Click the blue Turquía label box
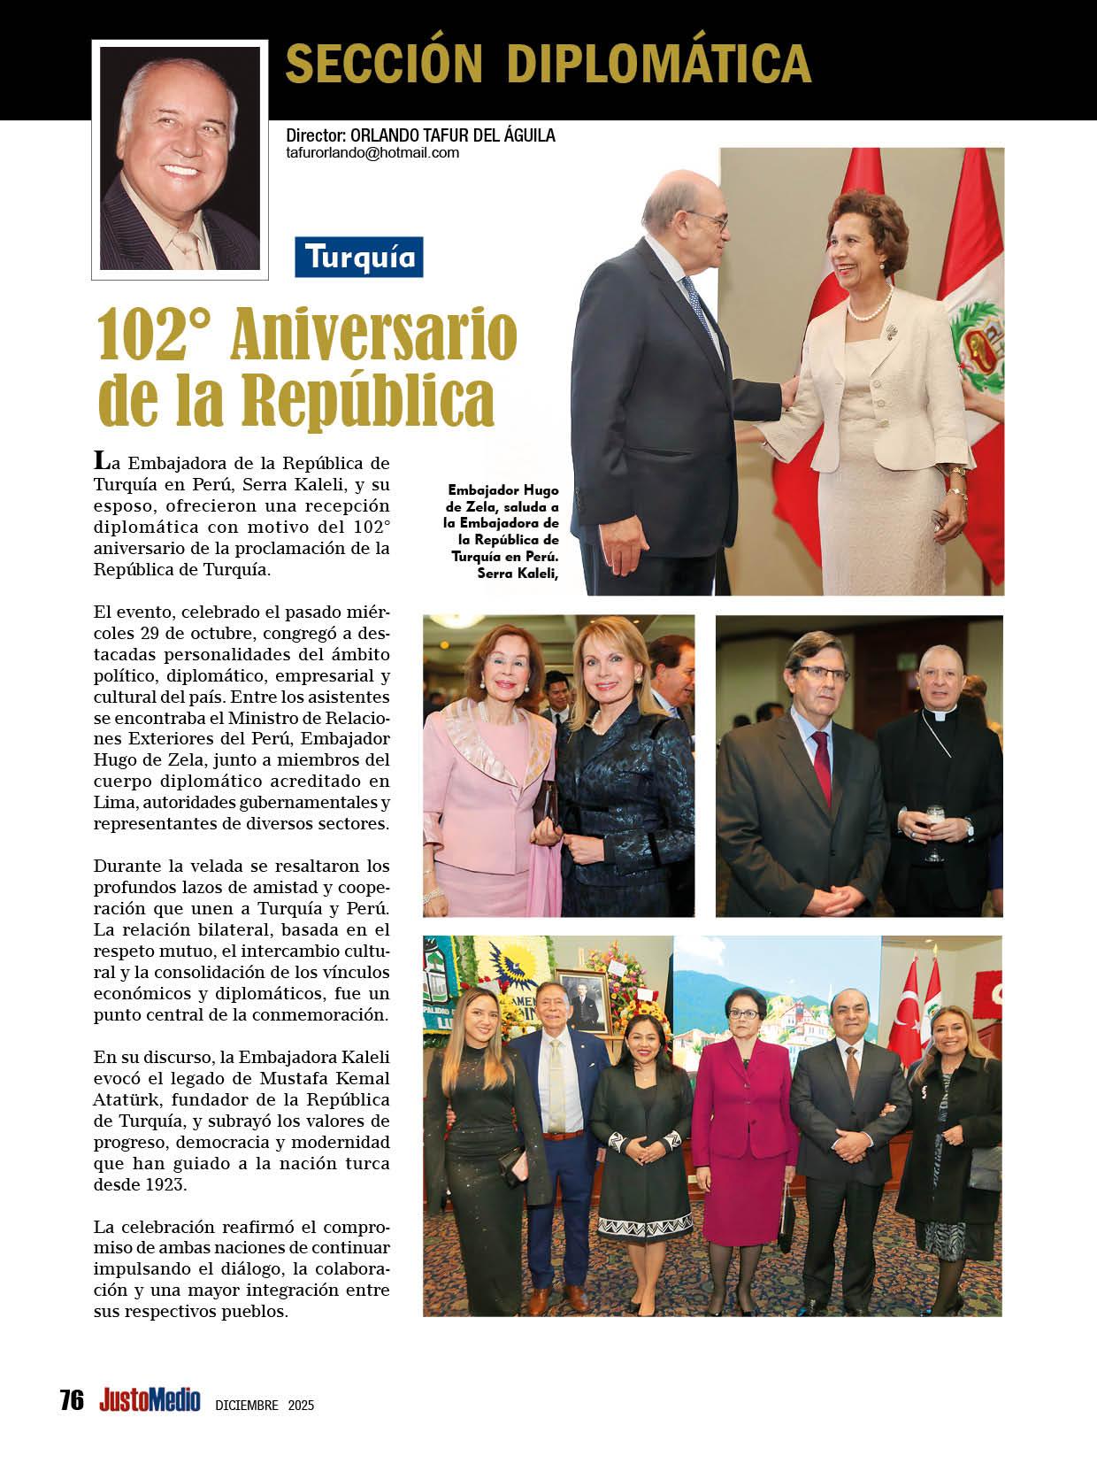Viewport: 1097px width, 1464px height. [358, 257]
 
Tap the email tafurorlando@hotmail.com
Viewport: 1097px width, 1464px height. [372, 152]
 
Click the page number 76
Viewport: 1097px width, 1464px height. [72, 1400]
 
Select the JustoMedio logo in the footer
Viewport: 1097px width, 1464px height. [150, 1400]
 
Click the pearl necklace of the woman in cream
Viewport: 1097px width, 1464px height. [869, 311]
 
